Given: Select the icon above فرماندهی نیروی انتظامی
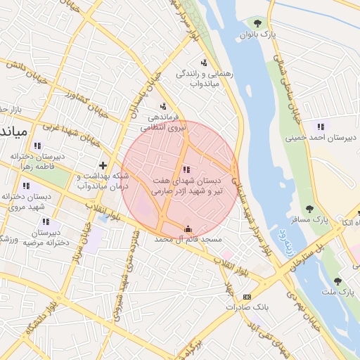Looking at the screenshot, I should tap(164, 106).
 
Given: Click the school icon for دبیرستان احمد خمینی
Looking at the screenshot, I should tap(321, 127).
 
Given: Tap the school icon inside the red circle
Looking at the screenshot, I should tap(186, 169).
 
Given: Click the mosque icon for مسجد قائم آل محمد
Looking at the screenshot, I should tap(187, 229).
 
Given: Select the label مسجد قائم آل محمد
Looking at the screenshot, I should tap(187, 240).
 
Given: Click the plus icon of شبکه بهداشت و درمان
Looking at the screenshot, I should tap(103, 165).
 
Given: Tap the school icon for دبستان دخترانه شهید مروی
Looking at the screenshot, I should tap(26, 186).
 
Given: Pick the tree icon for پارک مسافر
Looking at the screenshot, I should tap(309, 208).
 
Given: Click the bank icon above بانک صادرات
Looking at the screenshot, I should tap(247, 297).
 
